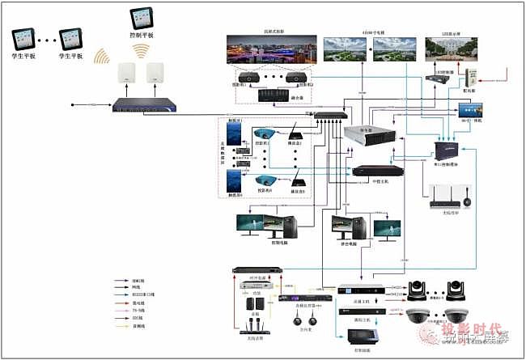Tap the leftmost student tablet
[x=23, y=37]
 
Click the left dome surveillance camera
[x=418, y=316]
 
